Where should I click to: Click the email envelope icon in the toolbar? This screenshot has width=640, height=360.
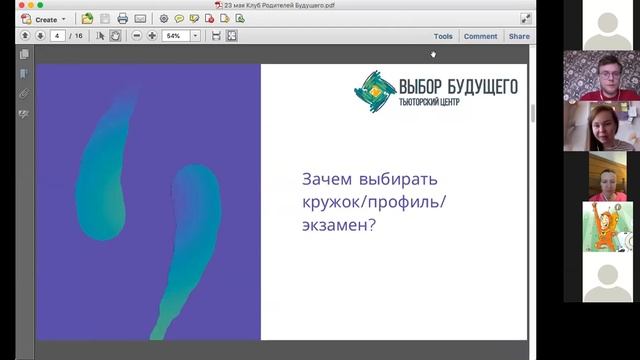[140, 19]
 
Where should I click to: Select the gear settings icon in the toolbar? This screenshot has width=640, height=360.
[164, 19]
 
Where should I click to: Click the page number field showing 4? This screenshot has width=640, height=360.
[59, 36]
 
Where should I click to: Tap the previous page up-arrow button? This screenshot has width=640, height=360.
[25, 36]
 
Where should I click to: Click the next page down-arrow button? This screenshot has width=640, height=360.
[40, 36]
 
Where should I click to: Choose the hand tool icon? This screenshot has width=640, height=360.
[115, 36]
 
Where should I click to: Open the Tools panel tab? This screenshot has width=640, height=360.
[443, 36]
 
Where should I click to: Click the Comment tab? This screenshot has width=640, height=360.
[480, 36]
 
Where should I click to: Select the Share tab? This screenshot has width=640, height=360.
[519, 36]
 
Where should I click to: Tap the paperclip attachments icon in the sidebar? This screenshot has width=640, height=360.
[24, 93]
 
